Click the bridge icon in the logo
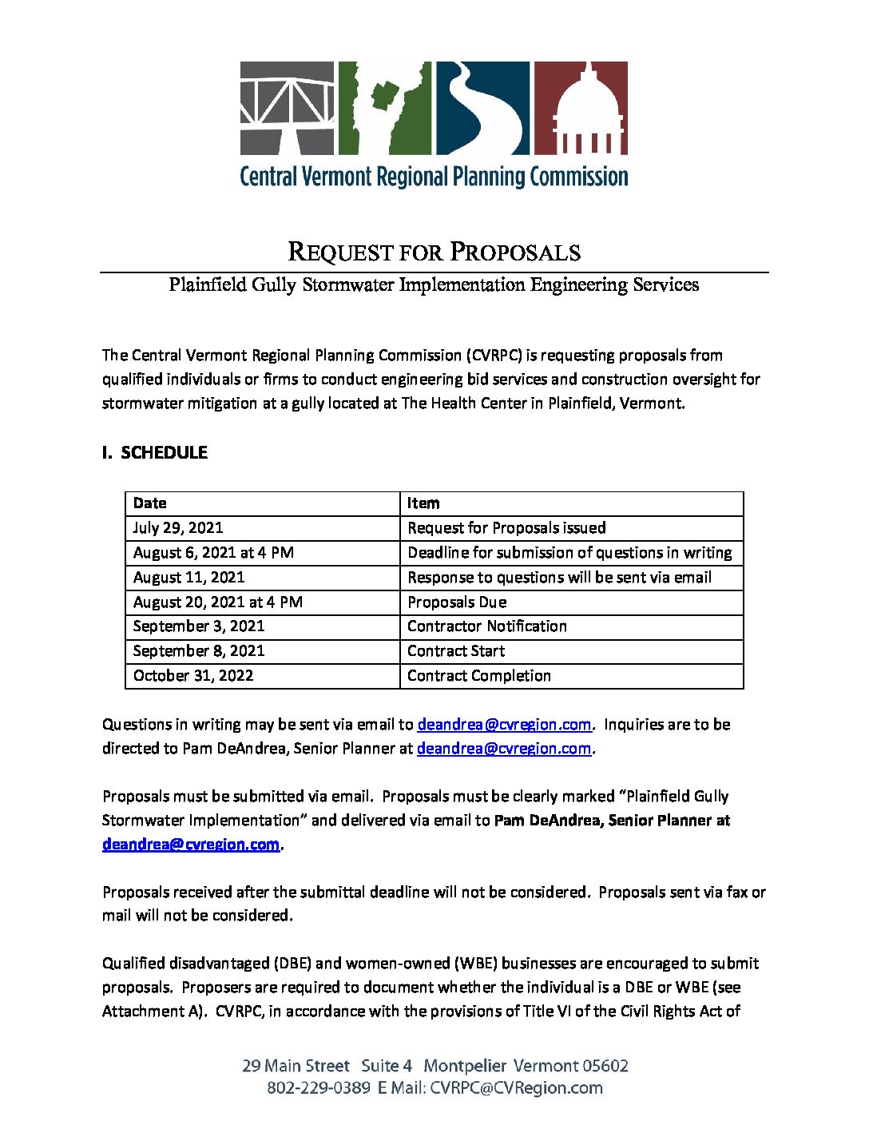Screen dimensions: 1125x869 (288, 108)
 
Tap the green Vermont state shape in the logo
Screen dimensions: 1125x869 (385, 108)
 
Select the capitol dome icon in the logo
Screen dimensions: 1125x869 (580, 108)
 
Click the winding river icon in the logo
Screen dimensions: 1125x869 (482, 108)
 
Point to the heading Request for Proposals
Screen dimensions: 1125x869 (434, 252)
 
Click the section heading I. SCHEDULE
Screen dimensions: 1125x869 (155, 452)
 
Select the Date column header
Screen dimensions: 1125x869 (150, 503)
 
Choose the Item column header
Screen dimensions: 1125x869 (423, 503)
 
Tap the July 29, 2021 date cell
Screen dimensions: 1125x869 (178, 528)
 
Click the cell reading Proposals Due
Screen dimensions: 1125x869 (457, 602)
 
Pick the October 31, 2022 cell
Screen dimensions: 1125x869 (193, 676)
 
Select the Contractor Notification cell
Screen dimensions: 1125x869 (487, 626)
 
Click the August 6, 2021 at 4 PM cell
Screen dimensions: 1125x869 (213, 553)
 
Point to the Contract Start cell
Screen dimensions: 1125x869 (456, 651)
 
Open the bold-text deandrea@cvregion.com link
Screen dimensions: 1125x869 (191, 845)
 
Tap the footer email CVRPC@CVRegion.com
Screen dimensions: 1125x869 (516, 1088)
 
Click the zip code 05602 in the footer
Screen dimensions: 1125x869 (605, 1066)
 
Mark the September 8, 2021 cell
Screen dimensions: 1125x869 (199, 651)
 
